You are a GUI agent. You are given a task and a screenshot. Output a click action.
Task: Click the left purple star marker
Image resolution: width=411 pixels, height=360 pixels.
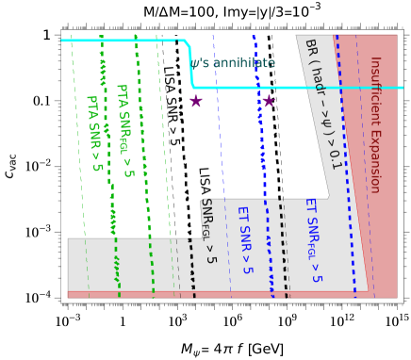(x=195, y=101)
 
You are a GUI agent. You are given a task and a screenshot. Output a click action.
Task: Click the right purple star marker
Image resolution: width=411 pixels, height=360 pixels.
(x=269, y=101)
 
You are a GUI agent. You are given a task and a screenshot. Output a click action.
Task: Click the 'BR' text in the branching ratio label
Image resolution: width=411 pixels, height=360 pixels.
(x=311, y=50)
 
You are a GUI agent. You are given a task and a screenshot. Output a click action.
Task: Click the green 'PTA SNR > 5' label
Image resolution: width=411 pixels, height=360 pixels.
(x=94, y=133)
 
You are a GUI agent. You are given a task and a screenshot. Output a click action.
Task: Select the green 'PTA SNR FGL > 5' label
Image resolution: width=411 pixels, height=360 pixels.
(x=124, y=131)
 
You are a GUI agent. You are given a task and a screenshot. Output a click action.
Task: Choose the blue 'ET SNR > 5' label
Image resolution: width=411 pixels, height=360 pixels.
(x=244, y=240)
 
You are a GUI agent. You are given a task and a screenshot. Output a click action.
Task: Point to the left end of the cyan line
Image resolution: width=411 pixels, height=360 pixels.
(x=63, y=41)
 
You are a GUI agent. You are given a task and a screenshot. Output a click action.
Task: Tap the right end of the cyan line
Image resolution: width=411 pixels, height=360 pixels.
(x=402, y=88)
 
